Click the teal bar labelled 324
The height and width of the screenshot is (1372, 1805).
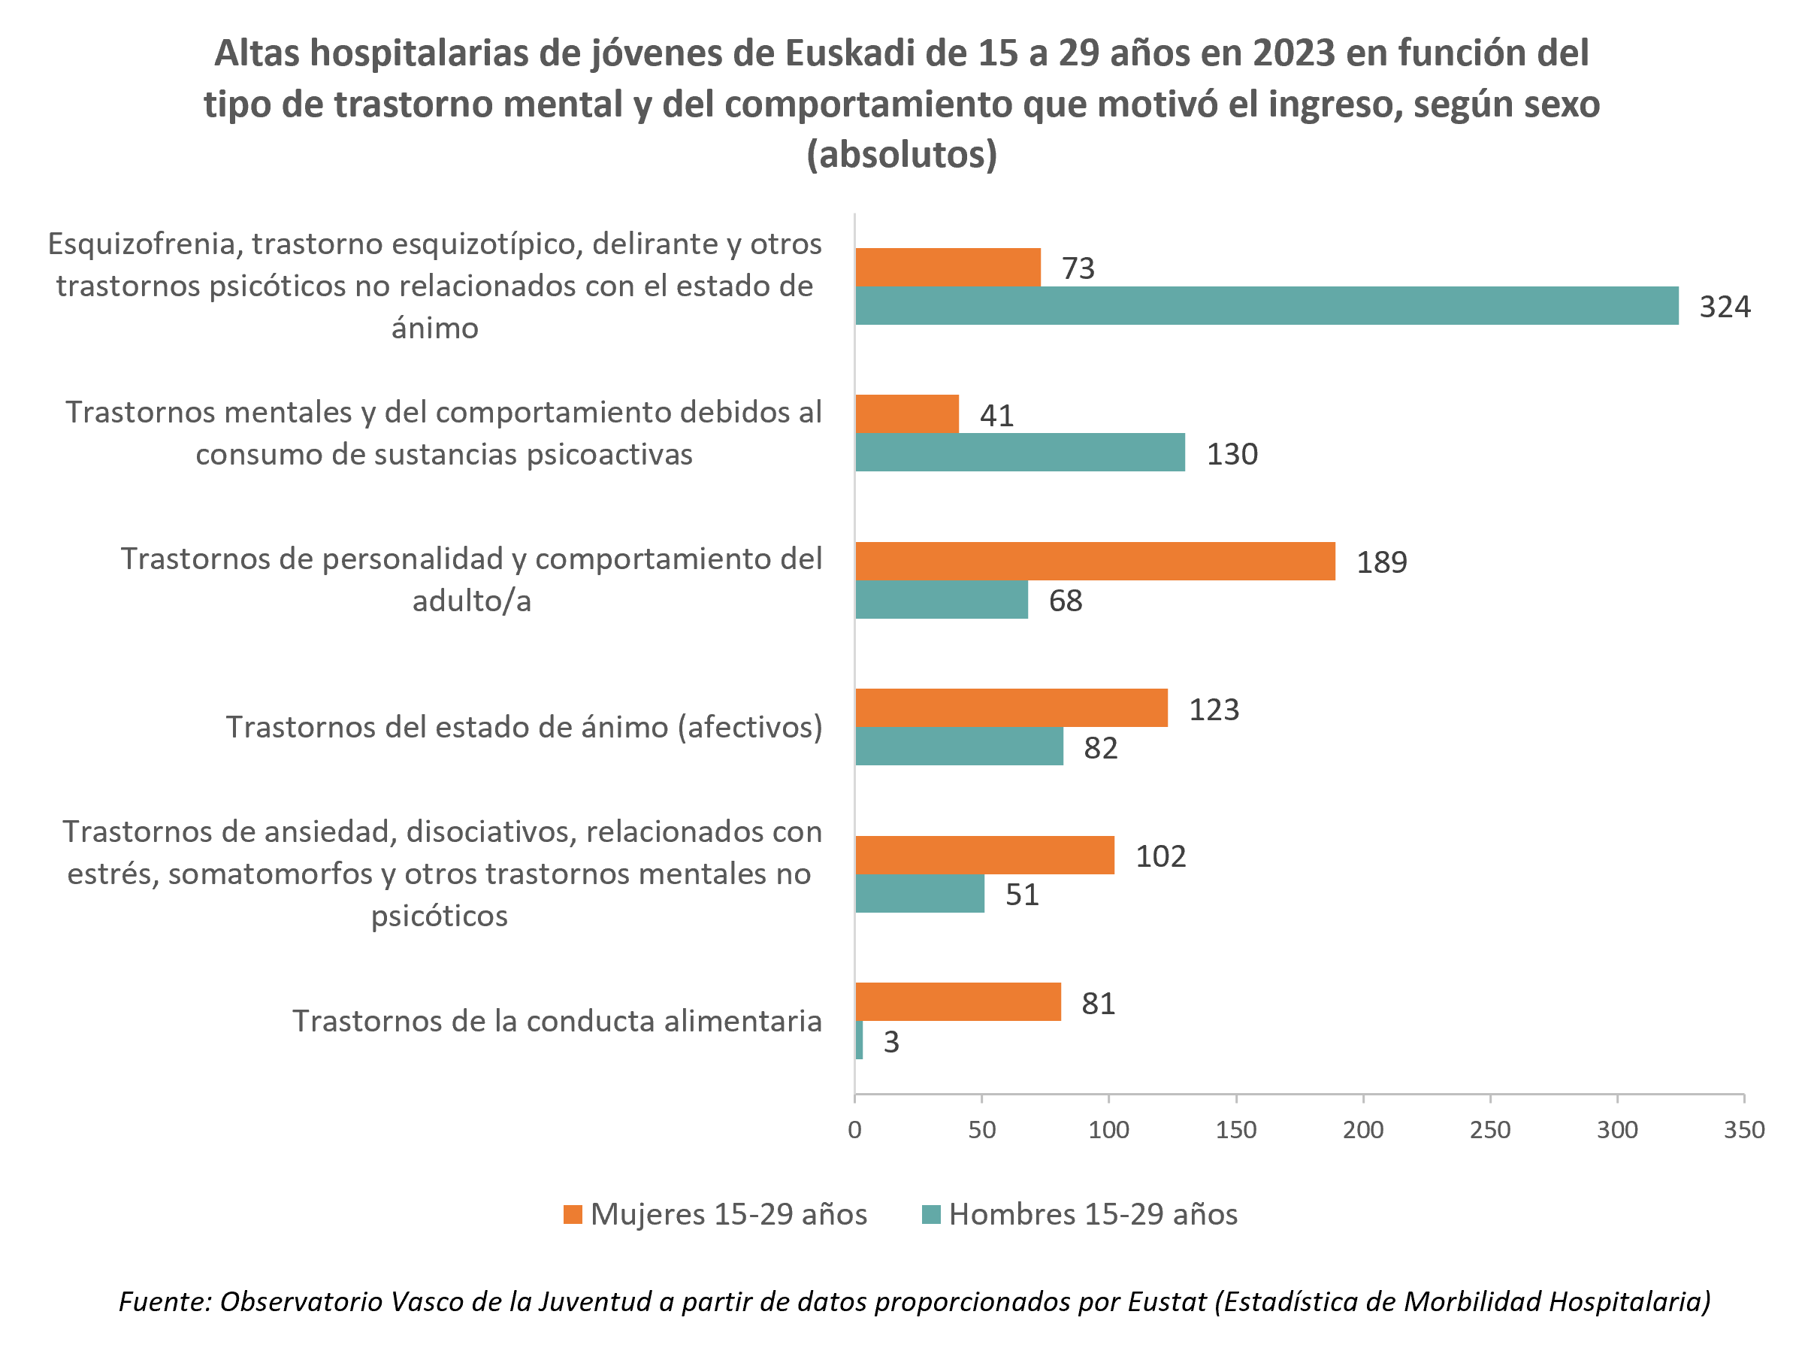[x=1266, y=305]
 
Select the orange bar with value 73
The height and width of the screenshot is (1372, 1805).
[x=948, y=267]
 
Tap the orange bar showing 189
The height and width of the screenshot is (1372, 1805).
[x=1095, y=561]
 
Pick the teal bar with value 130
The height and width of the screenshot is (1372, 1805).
[x=1020, y=453]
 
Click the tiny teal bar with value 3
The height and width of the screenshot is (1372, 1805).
[x=859, y=1040]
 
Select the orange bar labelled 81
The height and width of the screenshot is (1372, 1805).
[x=957, y=1002]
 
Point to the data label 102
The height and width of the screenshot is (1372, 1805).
[x=1160, y=856]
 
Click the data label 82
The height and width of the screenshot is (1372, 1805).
[x=1099, y=747]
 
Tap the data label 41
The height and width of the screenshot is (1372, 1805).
[x=996, y=416]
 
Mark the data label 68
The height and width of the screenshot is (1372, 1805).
[x=1066, y=600]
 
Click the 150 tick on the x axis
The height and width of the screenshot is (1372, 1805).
[x=1235, y=1130]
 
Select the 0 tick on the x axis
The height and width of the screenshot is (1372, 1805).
[x=854, y=1130]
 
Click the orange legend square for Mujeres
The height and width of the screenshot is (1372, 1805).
[x=573, y=1214]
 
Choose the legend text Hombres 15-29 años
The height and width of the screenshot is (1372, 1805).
[x=1093, y=1214]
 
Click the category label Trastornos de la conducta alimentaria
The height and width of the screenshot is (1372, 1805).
[x=557, y=1021]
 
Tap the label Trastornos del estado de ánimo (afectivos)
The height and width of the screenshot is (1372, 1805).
[x=524, y=727]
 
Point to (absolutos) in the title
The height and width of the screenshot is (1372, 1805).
[x=901, y=155]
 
